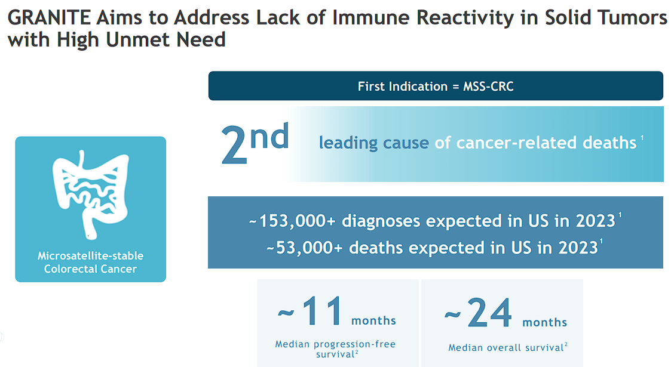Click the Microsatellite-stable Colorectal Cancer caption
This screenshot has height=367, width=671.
(90, 262)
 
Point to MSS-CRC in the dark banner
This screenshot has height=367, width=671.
(488, 86)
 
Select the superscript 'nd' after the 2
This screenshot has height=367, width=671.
(269, 137)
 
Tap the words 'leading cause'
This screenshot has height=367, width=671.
(373, 143)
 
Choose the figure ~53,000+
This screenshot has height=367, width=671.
(305, 248)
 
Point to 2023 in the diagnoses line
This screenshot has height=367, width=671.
(595, 221)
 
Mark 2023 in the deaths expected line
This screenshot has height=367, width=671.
(577, 248)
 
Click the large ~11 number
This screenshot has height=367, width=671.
(311, 312)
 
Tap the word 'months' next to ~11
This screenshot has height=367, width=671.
(373, 321)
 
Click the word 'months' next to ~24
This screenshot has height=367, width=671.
(544, 322)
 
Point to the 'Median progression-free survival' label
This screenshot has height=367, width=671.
(335, 349)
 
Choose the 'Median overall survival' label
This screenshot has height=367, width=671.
(505, 347)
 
